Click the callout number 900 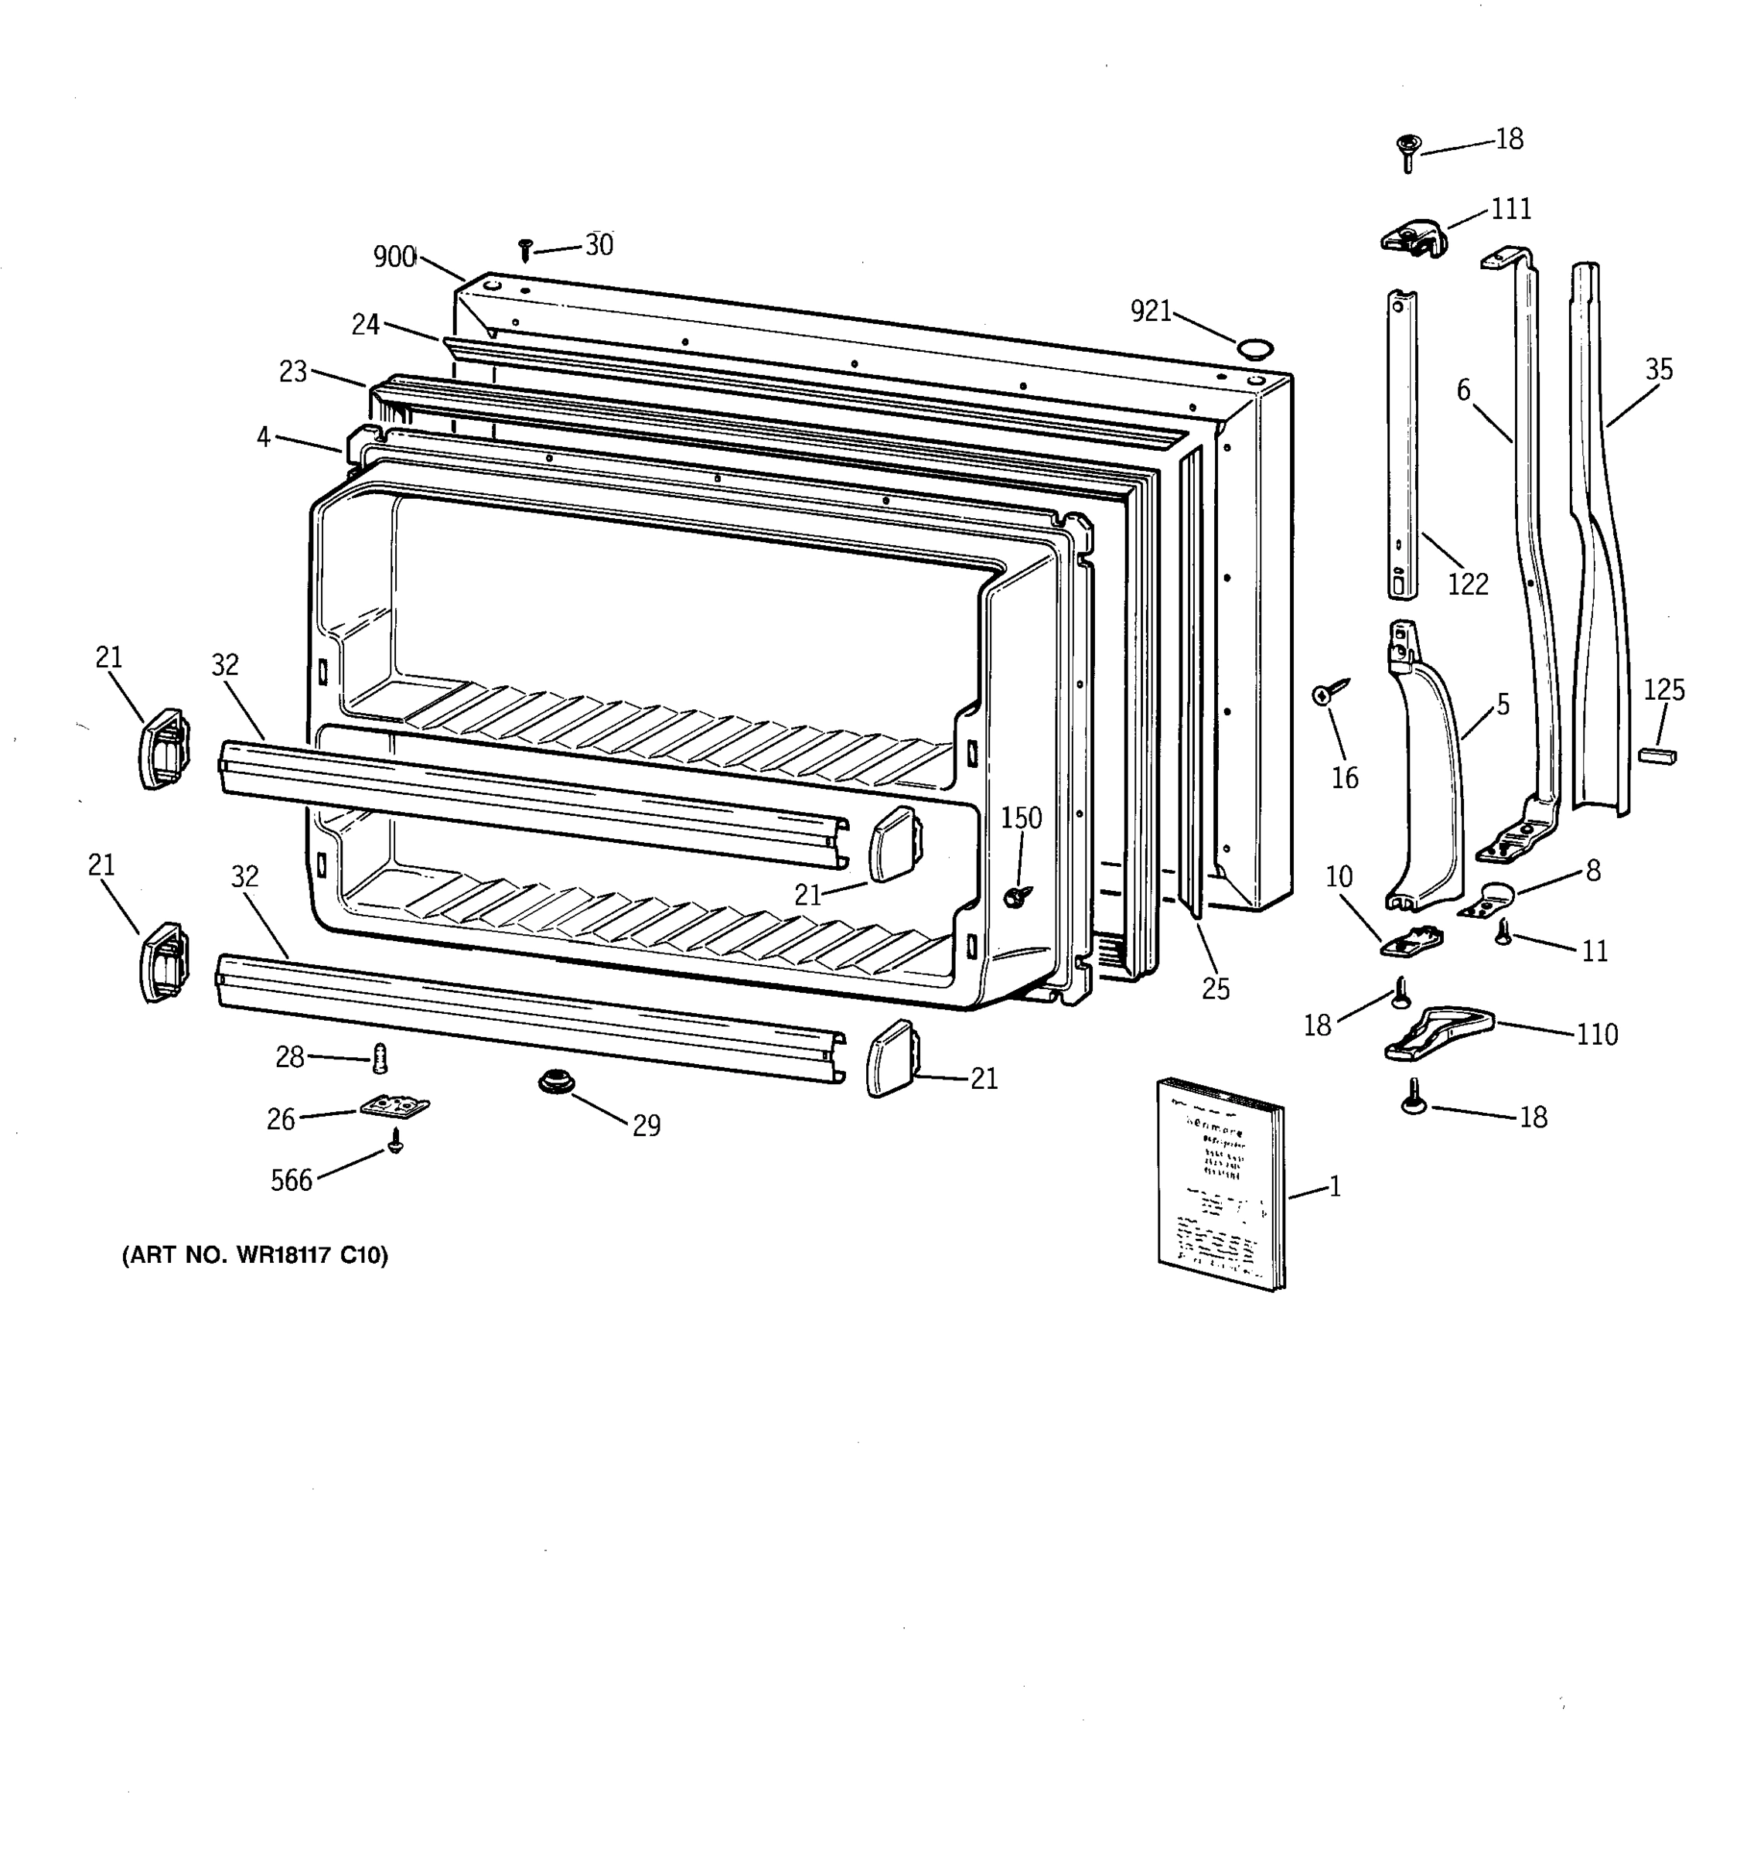394,257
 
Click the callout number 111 1510,208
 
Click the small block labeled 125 1657,754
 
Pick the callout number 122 1468,585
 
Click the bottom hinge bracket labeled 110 1438,1032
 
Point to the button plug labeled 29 556,1083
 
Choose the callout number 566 292,1181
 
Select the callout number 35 1658,370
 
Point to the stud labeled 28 380,1058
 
